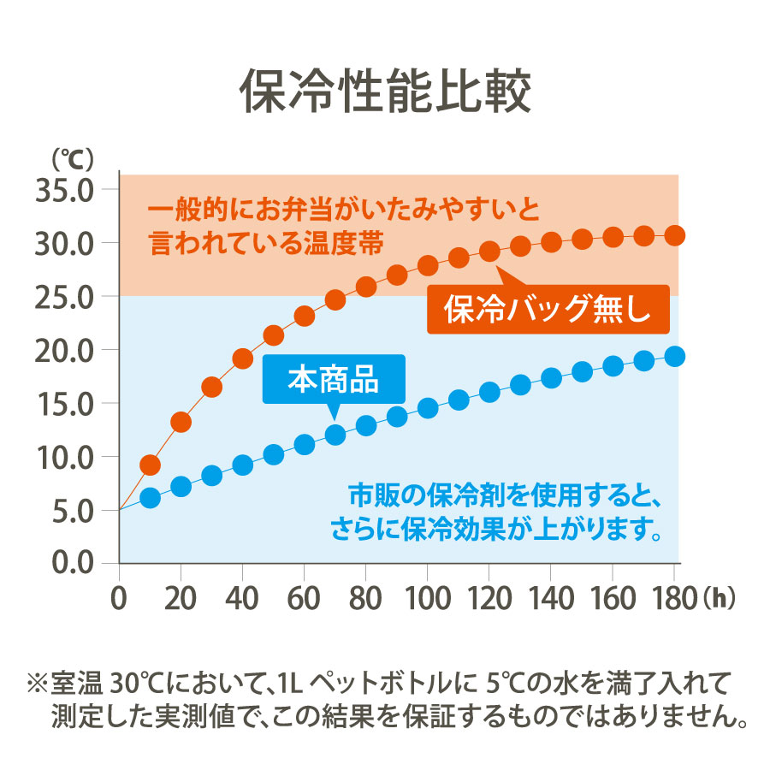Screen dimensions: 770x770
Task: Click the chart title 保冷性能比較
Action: (385, 92)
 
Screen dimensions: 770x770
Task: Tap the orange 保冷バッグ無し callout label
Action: (548, 308)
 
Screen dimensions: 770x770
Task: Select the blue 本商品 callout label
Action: (333, 378)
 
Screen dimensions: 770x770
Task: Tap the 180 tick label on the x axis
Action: (673, 595)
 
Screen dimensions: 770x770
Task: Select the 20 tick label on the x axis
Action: (181, 595)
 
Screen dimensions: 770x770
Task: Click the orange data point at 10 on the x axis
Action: (150, 465)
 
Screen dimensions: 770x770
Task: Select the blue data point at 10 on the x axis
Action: (150, 498)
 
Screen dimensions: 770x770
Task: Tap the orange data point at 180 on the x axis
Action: (675, 235)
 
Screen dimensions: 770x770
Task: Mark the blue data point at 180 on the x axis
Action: (675, 356)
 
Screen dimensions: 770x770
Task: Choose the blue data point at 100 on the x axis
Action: (428, 408)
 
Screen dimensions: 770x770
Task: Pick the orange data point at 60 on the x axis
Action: (305, 316)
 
